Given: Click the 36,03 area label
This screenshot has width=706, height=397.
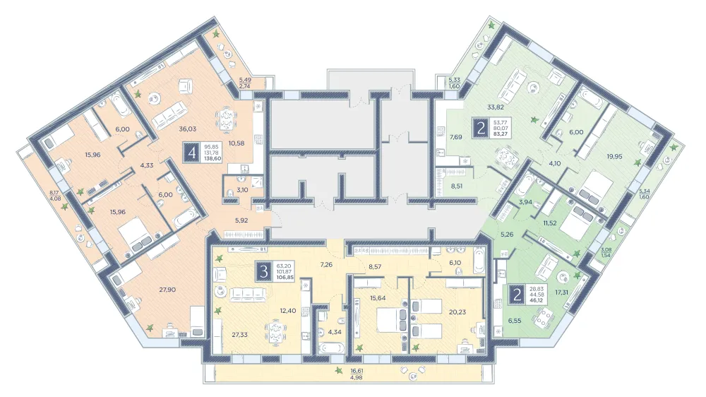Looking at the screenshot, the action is (187, 129).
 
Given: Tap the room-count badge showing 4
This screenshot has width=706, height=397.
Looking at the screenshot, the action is (193, 153).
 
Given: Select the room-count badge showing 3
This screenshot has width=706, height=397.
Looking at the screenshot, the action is (264, 271).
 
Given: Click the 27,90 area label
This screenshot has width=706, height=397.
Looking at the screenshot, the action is (167, 290).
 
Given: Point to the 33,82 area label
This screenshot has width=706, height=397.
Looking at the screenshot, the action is (496, 107).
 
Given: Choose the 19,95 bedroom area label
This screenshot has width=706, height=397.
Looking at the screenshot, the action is (614, 156).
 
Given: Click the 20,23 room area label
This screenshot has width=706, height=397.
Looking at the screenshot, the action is (457, 312).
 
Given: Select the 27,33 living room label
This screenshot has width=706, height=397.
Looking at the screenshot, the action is (241, 334).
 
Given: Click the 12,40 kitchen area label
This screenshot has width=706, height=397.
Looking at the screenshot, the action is (288, 311).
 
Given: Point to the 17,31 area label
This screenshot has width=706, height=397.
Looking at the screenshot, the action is (561, 292).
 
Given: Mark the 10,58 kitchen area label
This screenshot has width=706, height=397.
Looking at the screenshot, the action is (237, 143).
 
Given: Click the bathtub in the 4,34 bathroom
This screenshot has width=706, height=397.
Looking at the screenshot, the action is (331, 349).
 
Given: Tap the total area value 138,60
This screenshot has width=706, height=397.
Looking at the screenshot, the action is (213, 159).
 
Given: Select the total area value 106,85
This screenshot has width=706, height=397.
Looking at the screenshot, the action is (285, 278).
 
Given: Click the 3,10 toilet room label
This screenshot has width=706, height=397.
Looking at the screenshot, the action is (241, 190).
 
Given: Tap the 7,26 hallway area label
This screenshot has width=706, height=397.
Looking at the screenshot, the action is (326, 264).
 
